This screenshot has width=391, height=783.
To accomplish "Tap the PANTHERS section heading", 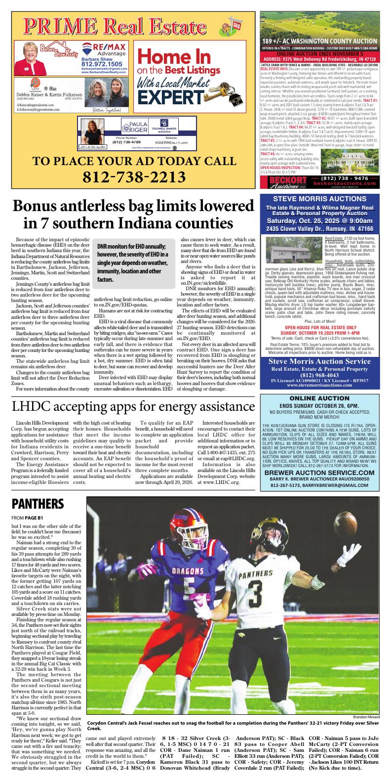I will [38, 504].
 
